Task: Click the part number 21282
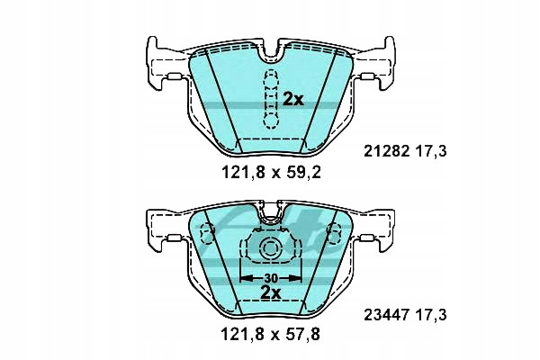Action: pos(387,151)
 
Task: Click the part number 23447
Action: pos(387,315)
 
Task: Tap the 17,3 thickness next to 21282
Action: pos(431,151)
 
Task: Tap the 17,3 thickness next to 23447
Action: pos(431,315)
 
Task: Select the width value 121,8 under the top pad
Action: pos(243,172)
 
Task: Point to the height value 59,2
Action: pos(304,172)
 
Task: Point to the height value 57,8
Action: pos(303,334)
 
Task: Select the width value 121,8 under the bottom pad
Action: pos(243,334)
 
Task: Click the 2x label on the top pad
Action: pos(293,100)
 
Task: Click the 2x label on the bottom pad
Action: pos(270,292)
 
